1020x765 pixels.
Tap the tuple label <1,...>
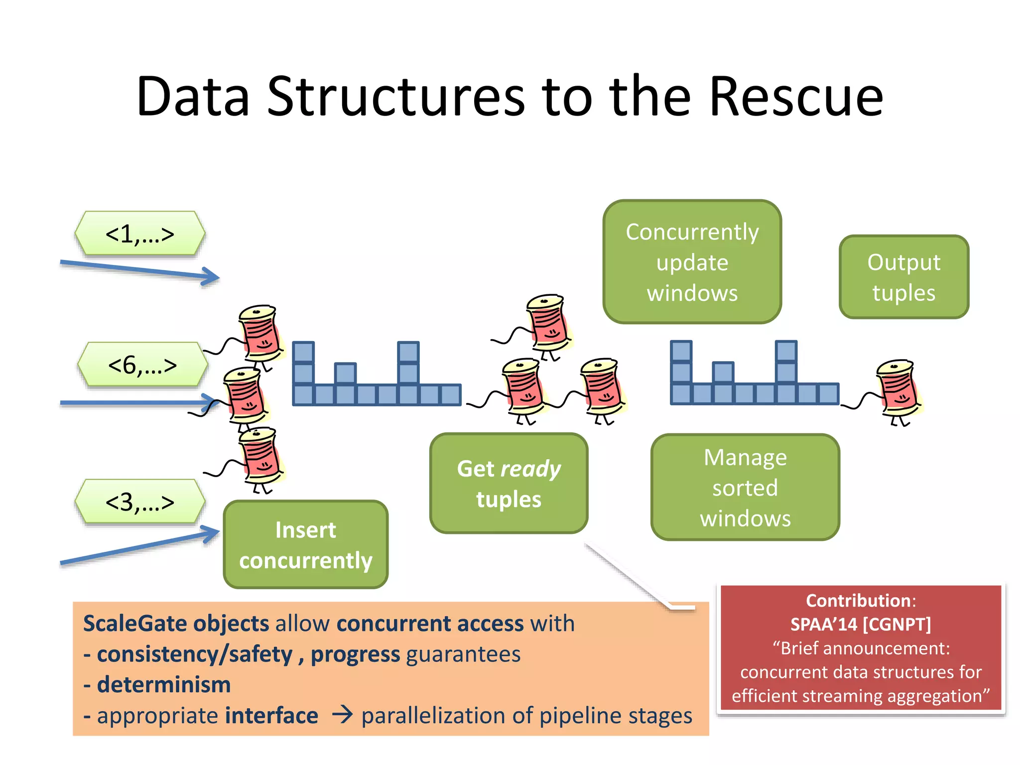pyautogui.click(x=140, y=234)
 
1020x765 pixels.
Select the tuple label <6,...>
pyautogui.click(x=142, y=365)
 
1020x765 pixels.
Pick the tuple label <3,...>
pyautogui.click(x=140, y=502)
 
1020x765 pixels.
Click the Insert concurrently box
pyautogui.click(x=305, y=544)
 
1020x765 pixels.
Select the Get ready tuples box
pyautogui.click(x=509, y=483)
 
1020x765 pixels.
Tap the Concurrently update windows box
pyautogui.click(x=692, y=262)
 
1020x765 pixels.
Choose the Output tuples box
pyautogui.click(x=903, y=277)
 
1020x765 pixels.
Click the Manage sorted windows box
pyautogui.click(x=745, y=487)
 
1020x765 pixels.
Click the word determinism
pyautogui.click(x=163, y=685)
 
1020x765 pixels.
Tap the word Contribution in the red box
pyautogui.click(x=859, y=601)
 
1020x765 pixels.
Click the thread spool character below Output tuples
pyautogui.click(x=898, y=391)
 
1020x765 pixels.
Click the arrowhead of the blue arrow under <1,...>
pyautogui.click(x=212, y=276)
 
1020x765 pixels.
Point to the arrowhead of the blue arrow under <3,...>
pyautogui.click(x=212, y=533)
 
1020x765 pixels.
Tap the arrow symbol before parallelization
pyautogui.click(x=342, y=715)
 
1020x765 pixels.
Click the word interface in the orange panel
pyautogui.click(x=271, y=715)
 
